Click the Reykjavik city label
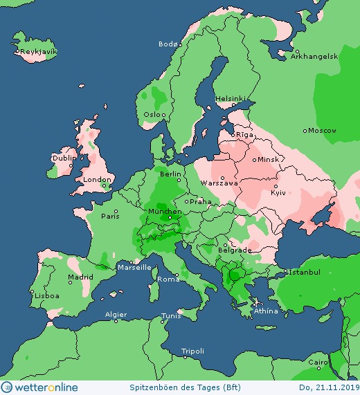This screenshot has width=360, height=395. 39,52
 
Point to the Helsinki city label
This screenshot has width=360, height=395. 230,98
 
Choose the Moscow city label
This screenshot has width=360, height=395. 322,130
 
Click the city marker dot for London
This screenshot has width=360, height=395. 103,185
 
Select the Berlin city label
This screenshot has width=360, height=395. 170,174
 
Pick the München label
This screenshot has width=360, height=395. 165,211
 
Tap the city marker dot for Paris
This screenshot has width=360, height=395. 116,211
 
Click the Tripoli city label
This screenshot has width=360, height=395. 192,351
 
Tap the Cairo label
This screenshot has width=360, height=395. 317,362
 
